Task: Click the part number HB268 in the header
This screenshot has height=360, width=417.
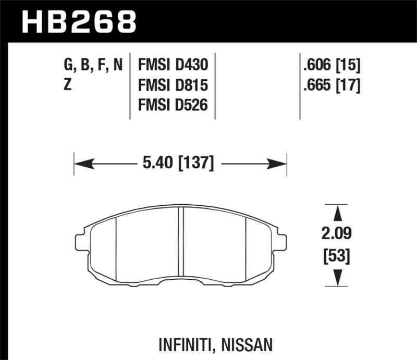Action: [78, 21]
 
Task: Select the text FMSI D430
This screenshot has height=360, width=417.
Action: [173, 65]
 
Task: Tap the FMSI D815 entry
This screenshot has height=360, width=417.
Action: [173, 85]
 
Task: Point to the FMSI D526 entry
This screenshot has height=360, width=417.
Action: [173, 105]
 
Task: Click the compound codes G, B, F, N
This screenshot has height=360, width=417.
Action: [94, 65]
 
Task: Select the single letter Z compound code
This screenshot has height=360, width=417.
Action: [68, 85]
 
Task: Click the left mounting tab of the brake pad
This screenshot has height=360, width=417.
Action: [81, 241]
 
